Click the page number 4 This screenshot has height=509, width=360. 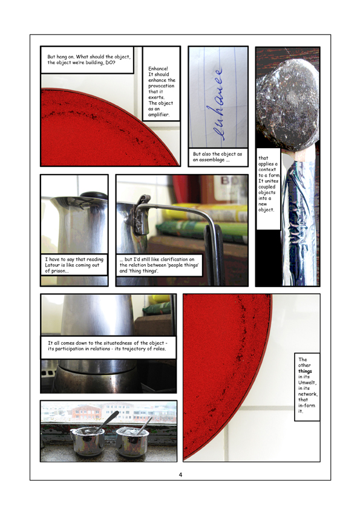pyautogui.click(x=180, y=475)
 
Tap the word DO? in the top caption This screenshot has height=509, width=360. pyautogui.click(x=110, y=62)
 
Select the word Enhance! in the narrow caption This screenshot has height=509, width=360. pyautogui.click(x=159, y=68)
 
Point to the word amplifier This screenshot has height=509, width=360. pyautogui.click(x=159, y=114)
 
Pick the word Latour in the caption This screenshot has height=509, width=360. pyautogui.click(x=52, y=265)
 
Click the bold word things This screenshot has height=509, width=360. pyautogui.click(x=305, y=371)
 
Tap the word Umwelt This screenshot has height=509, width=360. pyautogui.click(x=307, y=383)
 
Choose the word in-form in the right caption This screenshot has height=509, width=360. pyautogui.click(x=307, y=406)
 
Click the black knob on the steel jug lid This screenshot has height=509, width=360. pyautogui.click(x=94, y=195)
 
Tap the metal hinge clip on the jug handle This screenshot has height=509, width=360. pyautogui.click(x=140, y=214)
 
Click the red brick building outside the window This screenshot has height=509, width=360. pyautogui.click(x=86, y=412)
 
